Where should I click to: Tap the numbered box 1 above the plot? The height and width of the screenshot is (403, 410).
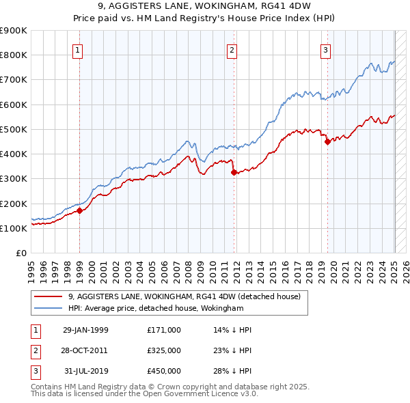(78, 50)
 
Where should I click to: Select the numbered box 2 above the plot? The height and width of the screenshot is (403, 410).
(232, 50)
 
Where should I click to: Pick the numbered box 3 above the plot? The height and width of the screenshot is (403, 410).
(326, 50)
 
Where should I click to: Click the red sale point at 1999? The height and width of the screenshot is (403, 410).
(79, 210)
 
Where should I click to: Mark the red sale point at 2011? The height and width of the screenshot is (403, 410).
(234, 172)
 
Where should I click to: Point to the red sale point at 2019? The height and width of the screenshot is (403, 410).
(327, 142)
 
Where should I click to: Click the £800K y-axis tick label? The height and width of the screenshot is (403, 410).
(14, 55)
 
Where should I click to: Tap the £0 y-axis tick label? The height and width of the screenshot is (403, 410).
(20, 253)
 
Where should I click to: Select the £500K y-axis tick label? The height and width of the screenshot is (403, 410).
(14, 129)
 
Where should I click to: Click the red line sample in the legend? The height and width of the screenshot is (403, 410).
(49, 296)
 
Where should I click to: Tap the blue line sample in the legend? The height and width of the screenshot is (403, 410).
(49, 308)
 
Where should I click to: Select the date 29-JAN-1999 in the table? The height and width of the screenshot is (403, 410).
(85, 330)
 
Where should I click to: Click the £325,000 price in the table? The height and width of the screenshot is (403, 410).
(164, 350)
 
